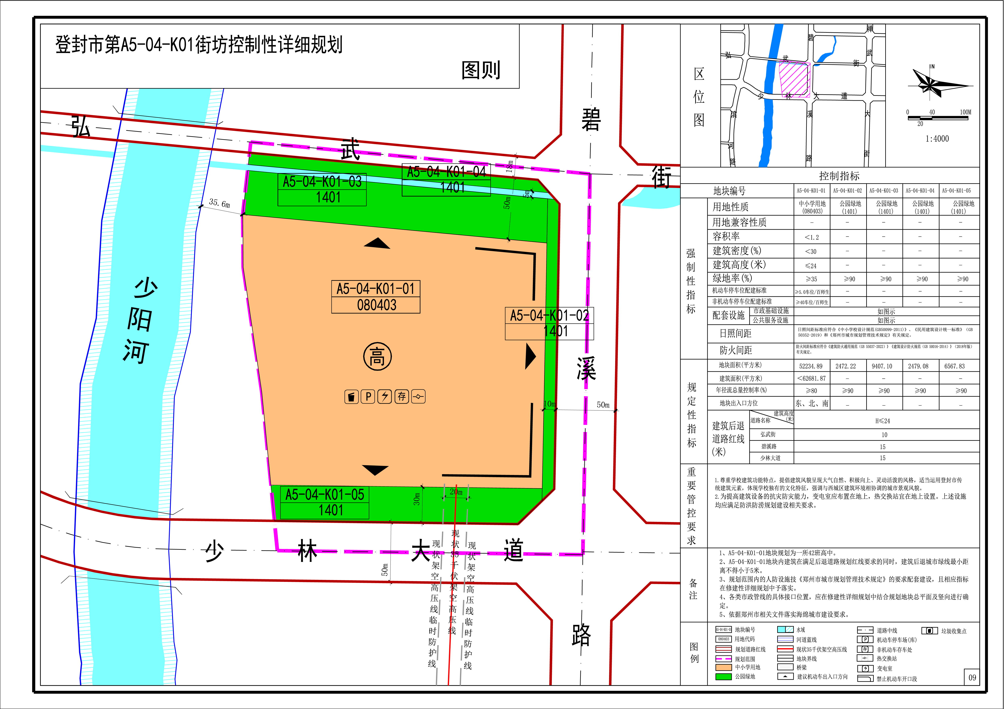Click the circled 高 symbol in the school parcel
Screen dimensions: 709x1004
377,357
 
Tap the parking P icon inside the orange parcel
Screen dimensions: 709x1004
368,397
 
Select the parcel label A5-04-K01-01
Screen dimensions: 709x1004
376,289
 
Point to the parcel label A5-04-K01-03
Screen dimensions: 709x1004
322,182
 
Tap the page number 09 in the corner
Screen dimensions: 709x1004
972,677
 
